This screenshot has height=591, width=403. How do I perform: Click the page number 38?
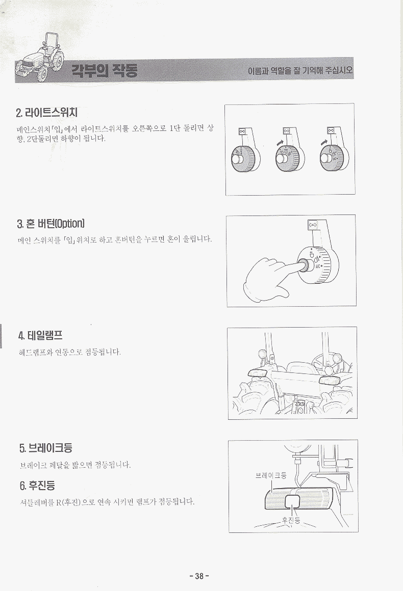tap(199, 576)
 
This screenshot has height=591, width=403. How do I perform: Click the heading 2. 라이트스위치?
tap(47, 112)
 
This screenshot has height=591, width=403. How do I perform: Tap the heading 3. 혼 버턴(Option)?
tap(51, 224)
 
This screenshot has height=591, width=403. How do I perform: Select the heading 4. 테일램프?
tap(40, 335)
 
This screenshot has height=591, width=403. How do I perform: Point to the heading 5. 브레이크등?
tap(45, 448)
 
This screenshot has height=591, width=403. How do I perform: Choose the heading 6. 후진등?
tap(37, 485)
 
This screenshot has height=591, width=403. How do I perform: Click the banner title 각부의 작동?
tap(105, 70)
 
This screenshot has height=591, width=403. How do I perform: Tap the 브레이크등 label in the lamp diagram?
tap(270, 475)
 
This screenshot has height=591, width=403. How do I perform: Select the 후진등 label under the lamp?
tap(291, 521)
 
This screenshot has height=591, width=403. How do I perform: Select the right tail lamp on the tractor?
tap(331, 380)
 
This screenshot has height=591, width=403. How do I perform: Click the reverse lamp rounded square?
tap(292, 501)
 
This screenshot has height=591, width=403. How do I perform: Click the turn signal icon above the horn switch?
tap(313, 225)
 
